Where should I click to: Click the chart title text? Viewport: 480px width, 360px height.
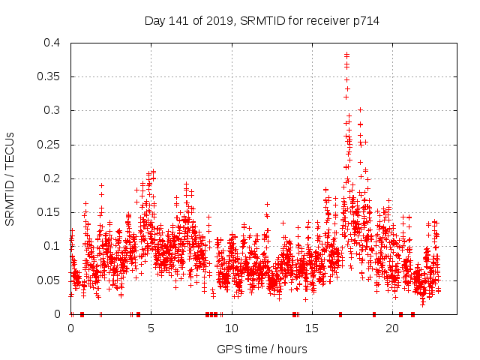pos(262,20)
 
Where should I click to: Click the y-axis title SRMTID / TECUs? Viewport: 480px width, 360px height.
pos(10,179)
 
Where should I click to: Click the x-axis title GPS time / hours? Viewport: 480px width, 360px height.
pos(262,349)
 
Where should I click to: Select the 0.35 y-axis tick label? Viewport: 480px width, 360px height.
pos(52,76)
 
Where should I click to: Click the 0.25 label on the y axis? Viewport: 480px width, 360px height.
pos(52,144)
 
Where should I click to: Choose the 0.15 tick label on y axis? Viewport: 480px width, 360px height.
pos(52,212)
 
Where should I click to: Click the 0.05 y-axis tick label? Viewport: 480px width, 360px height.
pos(52,280)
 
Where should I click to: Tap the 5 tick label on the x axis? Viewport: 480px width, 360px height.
pos(151,328)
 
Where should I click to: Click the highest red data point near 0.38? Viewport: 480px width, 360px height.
pos(346,54)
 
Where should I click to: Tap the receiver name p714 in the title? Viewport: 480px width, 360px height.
pos(366,20)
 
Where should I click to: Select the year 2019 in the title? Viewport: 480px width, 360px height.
pos(223,20)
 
